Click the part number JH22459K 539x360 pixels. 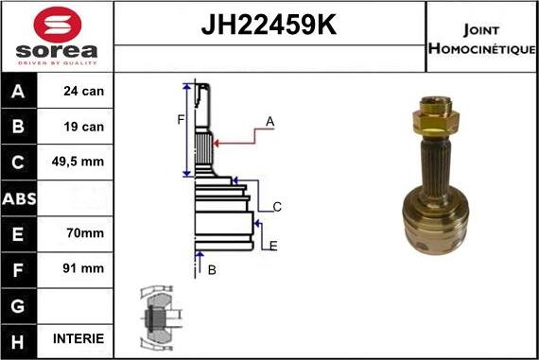pyautogui.click(x=269, y=25)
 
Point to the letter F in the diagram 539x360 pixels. pyautogui.click(x=179, y=119)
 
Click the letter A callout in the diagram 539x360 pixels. pyautogui.click(x=269, y=122)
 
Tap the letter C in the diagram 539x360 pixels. pyautogui.click(x=276, y=207)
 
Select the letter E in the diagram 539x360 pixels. pyautogui.click(x=273, y=246)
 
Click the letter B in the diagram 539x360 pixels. pyautogui.click(x=212, y=270)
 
